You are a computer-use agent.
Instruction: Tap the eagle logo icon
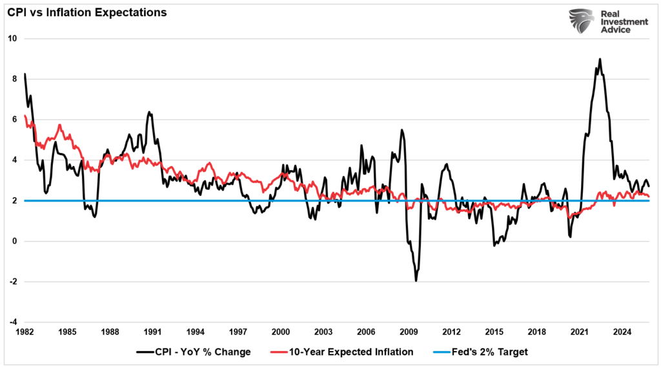(581, 22)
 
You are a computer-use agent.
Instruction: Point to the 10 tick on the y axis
(12, 39)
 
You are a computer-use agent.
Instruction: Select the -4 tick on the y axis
(12, 322)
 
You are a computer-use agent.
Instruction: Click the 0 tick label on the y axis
(14, 242)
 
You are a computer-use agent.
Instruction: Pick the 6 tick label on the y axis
(14, 120)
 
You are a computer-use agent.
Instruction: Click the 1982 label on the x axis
(25, 332)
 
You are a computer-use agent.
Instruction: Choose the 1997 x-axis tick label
(238, 332)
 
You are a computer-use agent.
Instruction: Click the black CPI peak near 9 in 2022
(600, 59)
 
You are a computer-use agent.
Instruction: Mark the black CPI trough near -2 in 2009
(416, 280)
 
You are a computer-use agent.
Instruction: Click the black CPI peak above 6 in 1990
(149, 112)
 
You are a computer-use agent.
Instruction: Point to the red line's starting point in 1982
(25, 116)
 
